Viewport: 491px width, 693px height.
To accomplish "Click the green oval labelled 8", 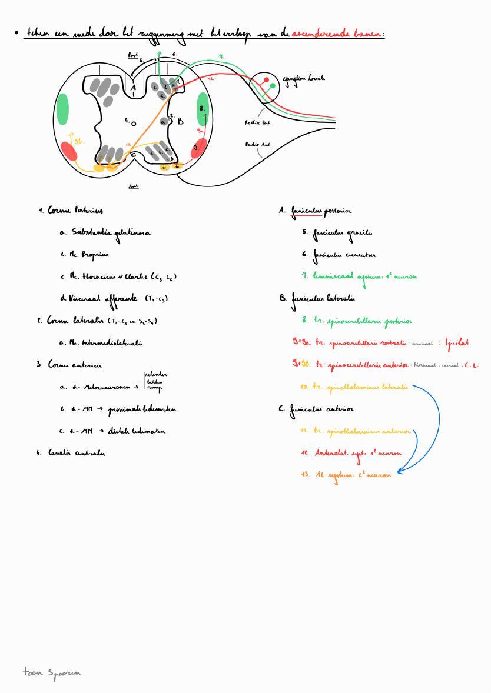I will [202, 108].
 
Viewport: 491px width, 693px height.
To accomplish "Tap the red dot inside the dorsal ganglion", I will [266, 80].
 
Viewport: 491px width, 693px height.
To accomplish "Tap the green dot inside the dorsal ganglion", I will [273, 86].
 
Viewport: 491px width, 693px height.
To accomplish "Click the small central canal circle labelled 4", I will [134, 124].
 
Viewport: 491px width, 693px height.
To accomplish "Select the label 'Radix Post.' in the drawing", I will [258, 122].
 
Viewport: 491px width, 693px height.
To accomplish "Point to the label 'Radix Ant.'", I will [258, 144].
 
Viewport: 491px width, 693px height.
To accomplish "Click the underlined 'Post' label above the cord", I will [133, 55].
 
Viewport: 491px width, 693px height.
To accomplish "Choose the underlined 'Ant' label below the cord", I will [133, 186].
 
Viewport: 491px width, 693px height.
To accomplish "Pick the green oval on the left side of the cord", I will [61, 108].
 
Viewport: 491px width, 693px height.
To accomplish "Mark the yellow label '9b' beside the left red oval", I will [78, 142].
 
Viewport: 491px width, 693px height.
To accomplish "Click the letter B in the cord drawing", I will [180, 121].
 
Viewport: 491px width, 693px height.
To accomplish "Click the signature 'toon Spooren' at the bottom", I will [52, 671].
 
